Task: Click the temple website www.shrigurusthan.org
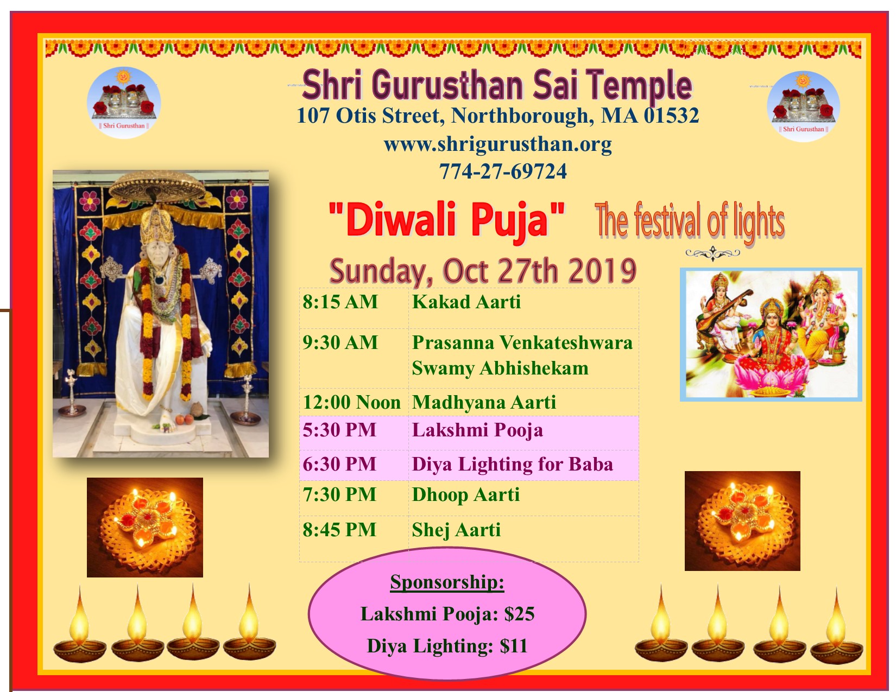(497, 145)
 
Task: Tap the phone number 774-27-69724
(503, 172)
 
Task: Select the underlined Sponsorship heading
(447, 582)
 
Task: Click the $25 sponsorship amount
(519, 614)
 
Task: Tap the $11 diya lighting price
(514, 646)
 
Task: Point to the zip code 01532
(671, 116)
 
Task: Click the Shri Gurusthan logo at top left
(124, 103)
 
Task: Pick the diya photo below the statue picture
(145, 528)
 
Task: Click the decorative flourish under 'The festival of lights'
(712, 253)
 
